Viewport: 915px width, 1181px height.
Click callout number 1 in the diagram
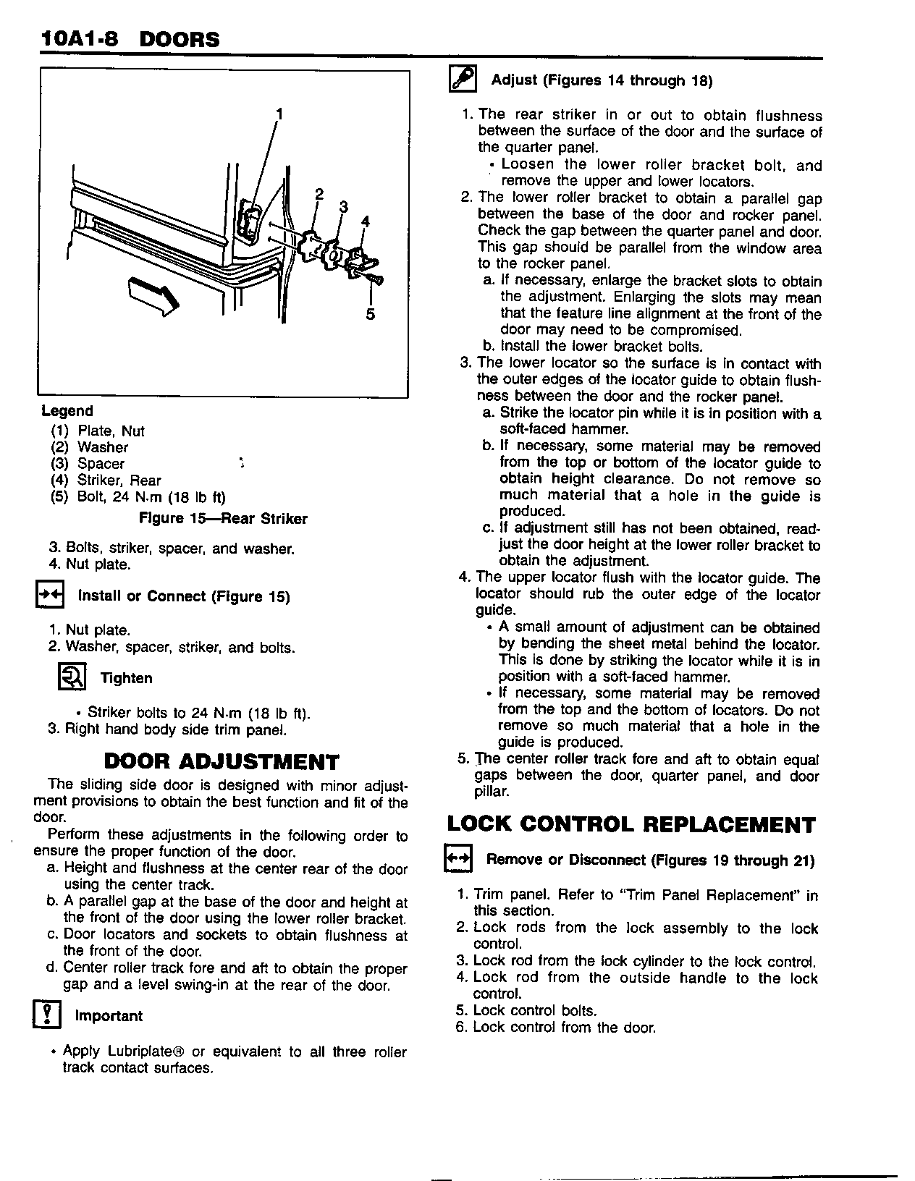279,114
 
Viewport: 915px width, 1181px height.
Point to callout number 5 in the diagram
371,314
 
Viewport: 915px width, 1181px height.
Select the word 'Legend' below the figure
67,411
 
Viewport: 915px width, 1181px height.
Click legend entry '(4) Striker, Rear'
106,481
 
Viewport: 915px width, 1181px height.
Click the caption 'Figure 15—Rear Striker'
223,519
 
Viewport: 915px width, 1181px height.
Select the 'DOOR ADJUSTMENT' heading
222,761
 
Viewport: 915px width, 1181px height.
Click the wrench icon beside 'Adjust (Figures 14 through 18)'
463,78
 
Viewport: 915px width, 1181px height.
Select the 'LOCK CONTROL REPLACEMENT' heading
631,825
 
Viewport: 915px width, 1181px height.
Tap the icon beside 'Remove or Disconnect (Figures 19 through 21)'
457,858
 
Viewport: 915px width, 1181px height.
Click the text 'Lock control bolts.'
534,1010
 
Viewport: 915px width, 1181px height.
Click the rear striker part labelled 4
358,261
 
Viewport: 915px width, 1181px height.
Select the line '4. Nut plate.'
90,564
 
